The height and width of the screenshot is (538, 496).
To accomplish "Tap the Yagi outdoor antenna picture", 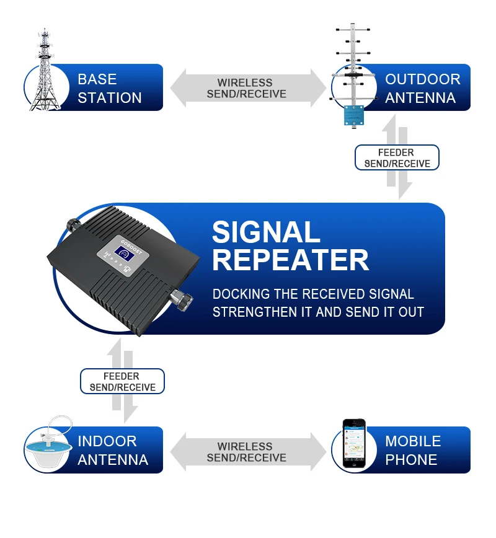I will pos(352,68).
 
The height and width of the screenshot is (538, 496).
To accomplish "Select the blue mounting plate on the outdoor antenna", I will pos(355,116).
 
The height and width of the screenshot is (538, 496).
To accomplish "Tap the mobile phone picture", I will pos(354,443).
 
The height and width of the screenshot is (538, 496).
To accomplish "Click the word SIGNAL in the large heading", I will pos(266,233).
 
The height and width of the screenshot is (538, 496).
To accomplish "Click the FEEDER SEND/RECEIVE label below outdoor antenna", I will pos(397,158).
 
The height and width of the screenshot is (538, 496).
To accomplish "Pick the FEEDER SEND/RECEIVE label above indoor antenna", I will pos(122,382).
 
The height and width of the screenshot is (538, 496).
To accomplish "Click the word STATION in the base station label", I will pos(110,98).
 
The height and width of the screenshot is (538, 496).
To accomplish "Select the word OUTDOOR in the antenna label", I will pos(422,79).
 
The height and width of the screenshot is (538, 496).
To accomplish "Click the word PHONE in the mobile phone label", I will pos(411,460).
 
